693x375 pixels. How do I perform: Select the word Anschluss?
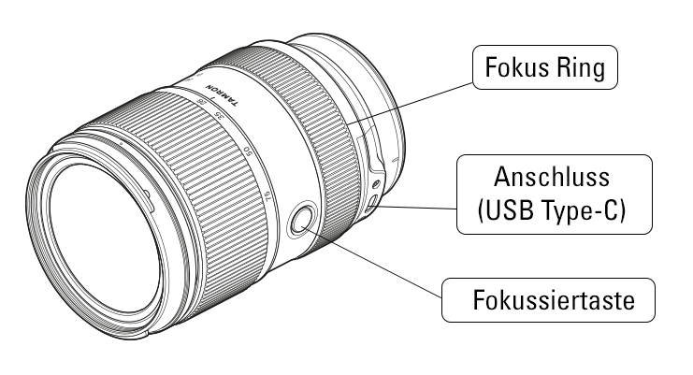(552, 177)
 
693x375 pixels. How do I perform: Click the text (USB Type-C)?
(552, 209)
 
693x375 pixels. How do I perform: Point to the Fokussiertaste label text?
(554, 300)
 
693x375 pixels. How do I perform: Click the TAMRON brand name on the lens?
(223, 95)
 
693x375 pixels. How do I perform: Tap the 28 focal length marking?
(202, 101)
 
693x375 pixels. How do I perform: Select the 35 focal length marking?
(218, 116)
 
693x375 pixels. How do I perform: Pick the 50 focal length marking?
(249, 152)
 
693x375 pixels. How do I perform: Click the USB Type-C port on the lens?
(371, 201)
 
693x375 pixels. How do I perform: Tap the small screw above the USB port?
(376, 183)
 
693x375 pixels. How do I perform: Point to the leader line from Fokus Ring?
(410, 104)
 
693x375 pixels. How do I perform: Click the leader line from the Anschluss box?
(415, 208)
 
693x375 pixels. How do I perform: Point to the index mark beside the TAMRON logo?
(213, 98)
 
